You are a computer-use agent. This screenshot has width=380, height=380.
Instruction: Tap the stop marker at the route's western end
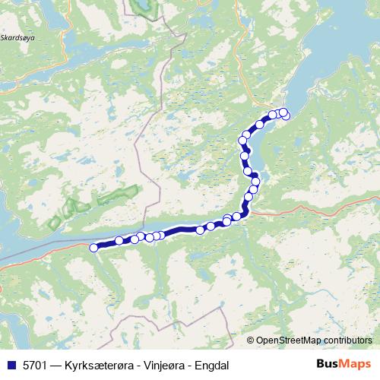94,247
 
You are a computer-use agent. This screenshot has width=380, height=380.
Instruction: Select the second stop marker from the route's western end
119,241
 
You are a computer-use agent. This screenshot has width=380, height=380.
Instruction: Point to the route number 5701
32,364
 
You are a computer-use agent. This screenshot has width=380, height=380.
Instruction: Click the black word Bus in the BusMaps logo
328,364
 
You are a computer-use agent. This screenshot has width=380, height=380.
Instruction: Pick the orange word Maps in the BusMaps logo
356,364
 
